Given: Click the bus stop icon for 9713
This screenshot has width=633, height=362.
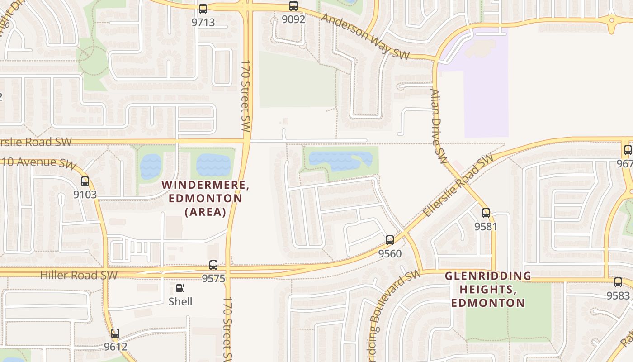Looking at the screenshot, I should click(203, 9).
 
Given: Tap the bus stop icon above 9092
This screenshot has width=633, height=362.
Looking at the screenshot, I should click(293, 6).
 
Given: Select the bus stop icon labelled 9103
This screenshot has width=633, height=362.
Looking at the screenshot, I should click(85, 181).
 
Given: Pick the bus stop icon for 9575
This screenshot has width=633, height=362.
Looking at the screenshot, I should click(213, 265).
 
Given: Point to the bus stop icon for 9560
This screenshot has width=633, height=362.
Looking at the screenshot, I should click(390, 240).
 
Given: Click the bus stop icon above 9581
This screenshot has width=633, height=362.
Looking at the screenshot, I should click(486, 213).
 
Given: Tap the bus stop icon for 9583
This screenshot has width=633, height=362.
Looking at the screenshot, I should click(618, 282).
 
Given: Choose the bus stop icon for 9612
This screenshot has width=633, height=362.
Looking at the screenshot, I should click(115, 333).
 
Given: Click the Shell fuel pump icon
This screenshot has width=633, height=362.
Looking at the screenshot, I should click(180, 288).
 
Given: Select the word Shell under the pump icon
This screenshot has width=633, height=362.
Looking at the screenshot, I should click(180, 301).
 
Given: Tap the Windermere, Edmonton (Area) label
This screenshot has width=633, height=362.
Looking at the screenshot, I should click(206, 198).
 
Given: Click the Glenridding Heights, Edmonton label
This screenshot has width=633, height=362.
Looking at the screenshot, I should click(488, 289).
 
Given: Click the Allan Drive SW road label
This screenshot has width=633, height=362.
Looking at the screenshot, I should click(438, 126).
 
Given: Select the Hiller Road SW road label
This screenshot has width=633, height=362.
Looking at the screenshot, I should click(79, 275).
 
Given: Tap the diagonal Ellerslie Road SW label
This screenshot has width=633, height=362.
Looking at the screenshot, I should click(458, 185).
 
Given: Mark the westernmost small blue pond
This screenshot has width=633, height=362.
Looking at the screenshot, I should click(151, 166).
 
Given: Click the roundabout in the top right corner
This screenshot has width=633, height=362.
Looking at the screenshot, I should click(612, 20).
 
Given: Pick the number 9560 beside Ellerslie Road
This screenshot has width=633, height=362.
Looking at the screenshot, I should click(390, 254).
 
